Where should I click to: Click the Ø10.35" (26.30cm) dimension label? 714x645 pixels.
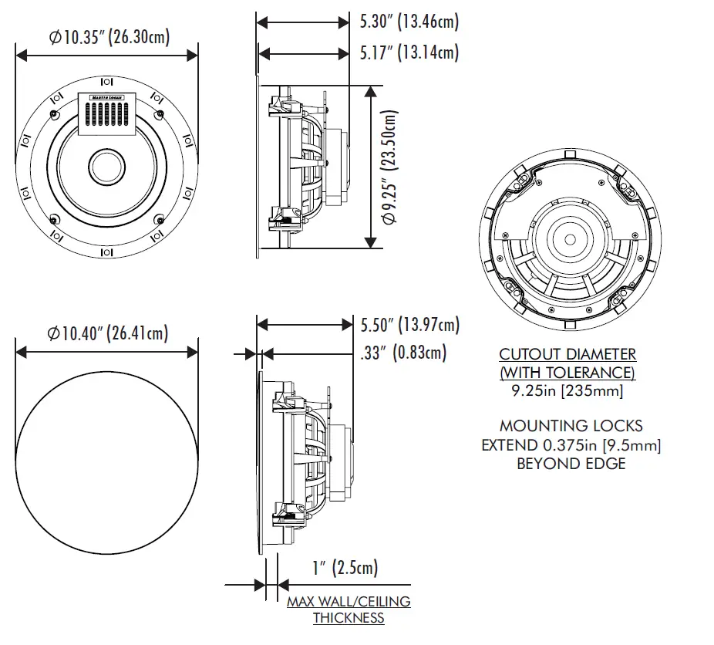tap(109, 36)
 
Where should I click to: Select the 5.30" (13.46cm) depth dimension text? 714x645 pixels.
tap(409, 22)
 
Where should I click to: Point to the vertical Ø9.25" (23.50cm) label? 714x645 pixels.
tap(391, 167)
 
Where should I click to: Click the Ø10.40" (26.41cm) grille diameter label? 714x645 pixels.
tap(108, 333)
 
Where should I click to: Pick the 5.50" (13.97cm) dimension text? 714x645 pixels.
tap(409, 325)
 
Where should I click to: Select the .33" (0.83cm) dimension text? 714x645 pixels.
tap(402, 353)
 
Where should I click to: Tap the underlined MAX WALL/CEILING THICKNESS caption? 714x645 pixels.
tap(349, 610)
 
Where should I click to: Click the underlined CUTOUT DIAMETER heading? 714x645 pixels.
tap(567, 355)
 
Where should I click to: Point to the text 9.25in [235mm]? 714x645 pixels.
tap(567, 392)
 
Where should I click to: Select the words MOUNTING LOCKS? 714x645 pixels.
tap(571, 426)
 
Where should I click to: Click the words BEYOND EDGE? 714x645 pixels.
tap(571, 464)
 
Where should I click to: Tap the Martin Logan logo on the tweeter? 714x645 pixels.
tap(106, 98)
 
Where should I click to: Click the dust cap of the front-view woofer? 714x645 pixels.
tap(106, 166)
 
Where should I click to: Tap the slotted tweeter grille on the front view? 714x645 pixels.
tap(106, 116)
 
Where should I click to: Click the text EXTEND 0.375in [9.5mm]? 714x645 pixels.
tap(571, 445)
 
